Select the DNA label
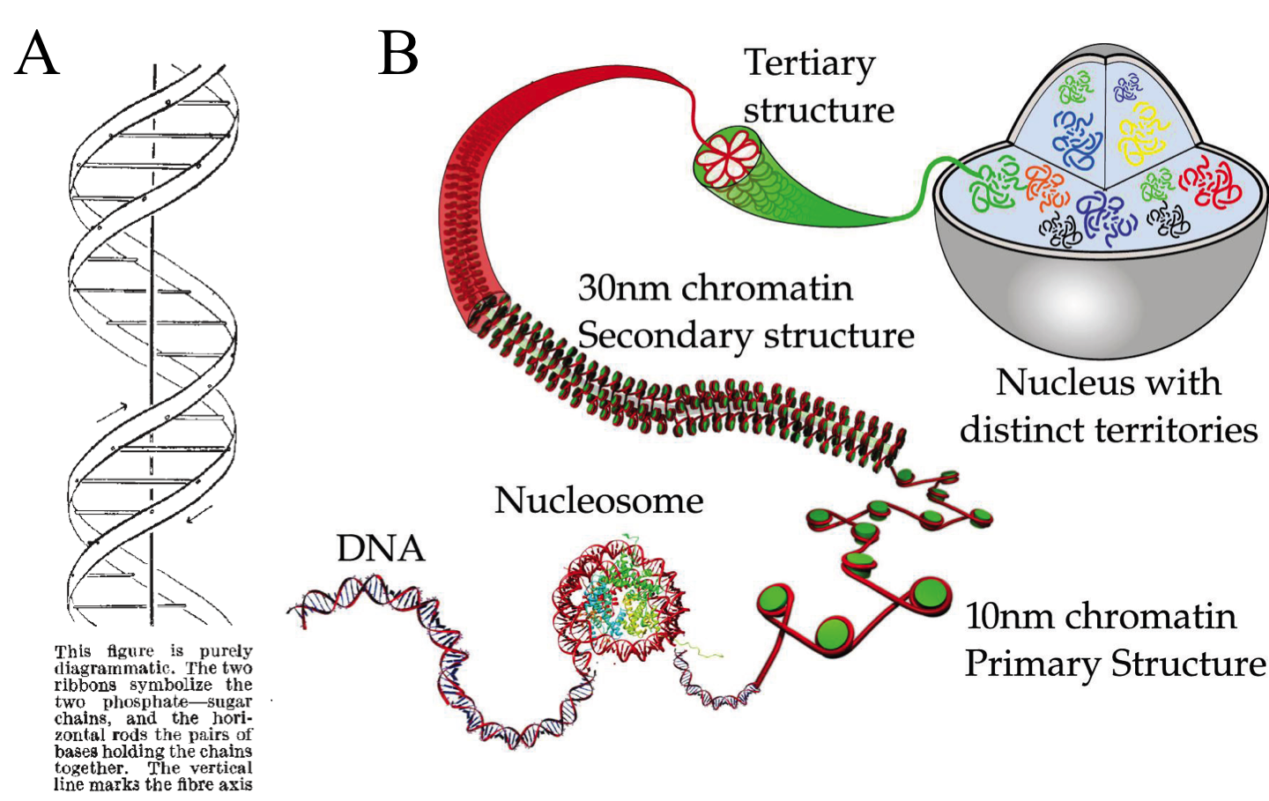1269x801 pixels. [x=381, y=548]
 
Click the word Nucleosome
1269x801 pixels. [x=598, y=501]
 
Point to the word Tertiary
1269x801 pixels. [x=809, y=63]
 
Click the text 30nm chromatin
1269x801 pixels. [x=715, y=288]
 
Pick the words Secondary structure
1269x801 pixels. [x=746, y=336]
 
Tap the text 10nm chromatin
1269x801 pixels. [x=1100, y=616]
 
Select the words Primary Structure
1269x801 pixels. [x=1115, y=664]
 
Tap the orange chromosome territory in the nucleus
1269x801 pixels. [x=1046, y=185]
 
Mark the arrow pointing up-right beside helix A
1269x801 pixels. [x=112, y=411]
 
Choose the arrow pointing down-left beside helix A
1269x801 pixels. [x=200, y=512]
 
